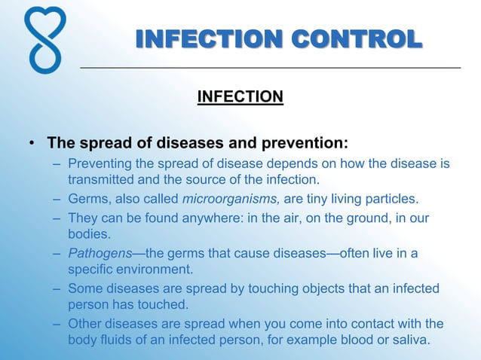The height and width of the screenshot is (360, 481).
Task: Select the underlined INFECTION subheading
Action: pyautogui.click(x=240, y=96)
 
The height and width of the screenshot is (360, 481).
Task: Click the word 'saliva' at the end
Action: pyautogui.click(x=409, y=339)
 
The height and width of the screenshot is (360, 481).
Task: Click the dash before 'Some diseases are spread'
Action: pyautogui.click(x=58, y=288)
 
